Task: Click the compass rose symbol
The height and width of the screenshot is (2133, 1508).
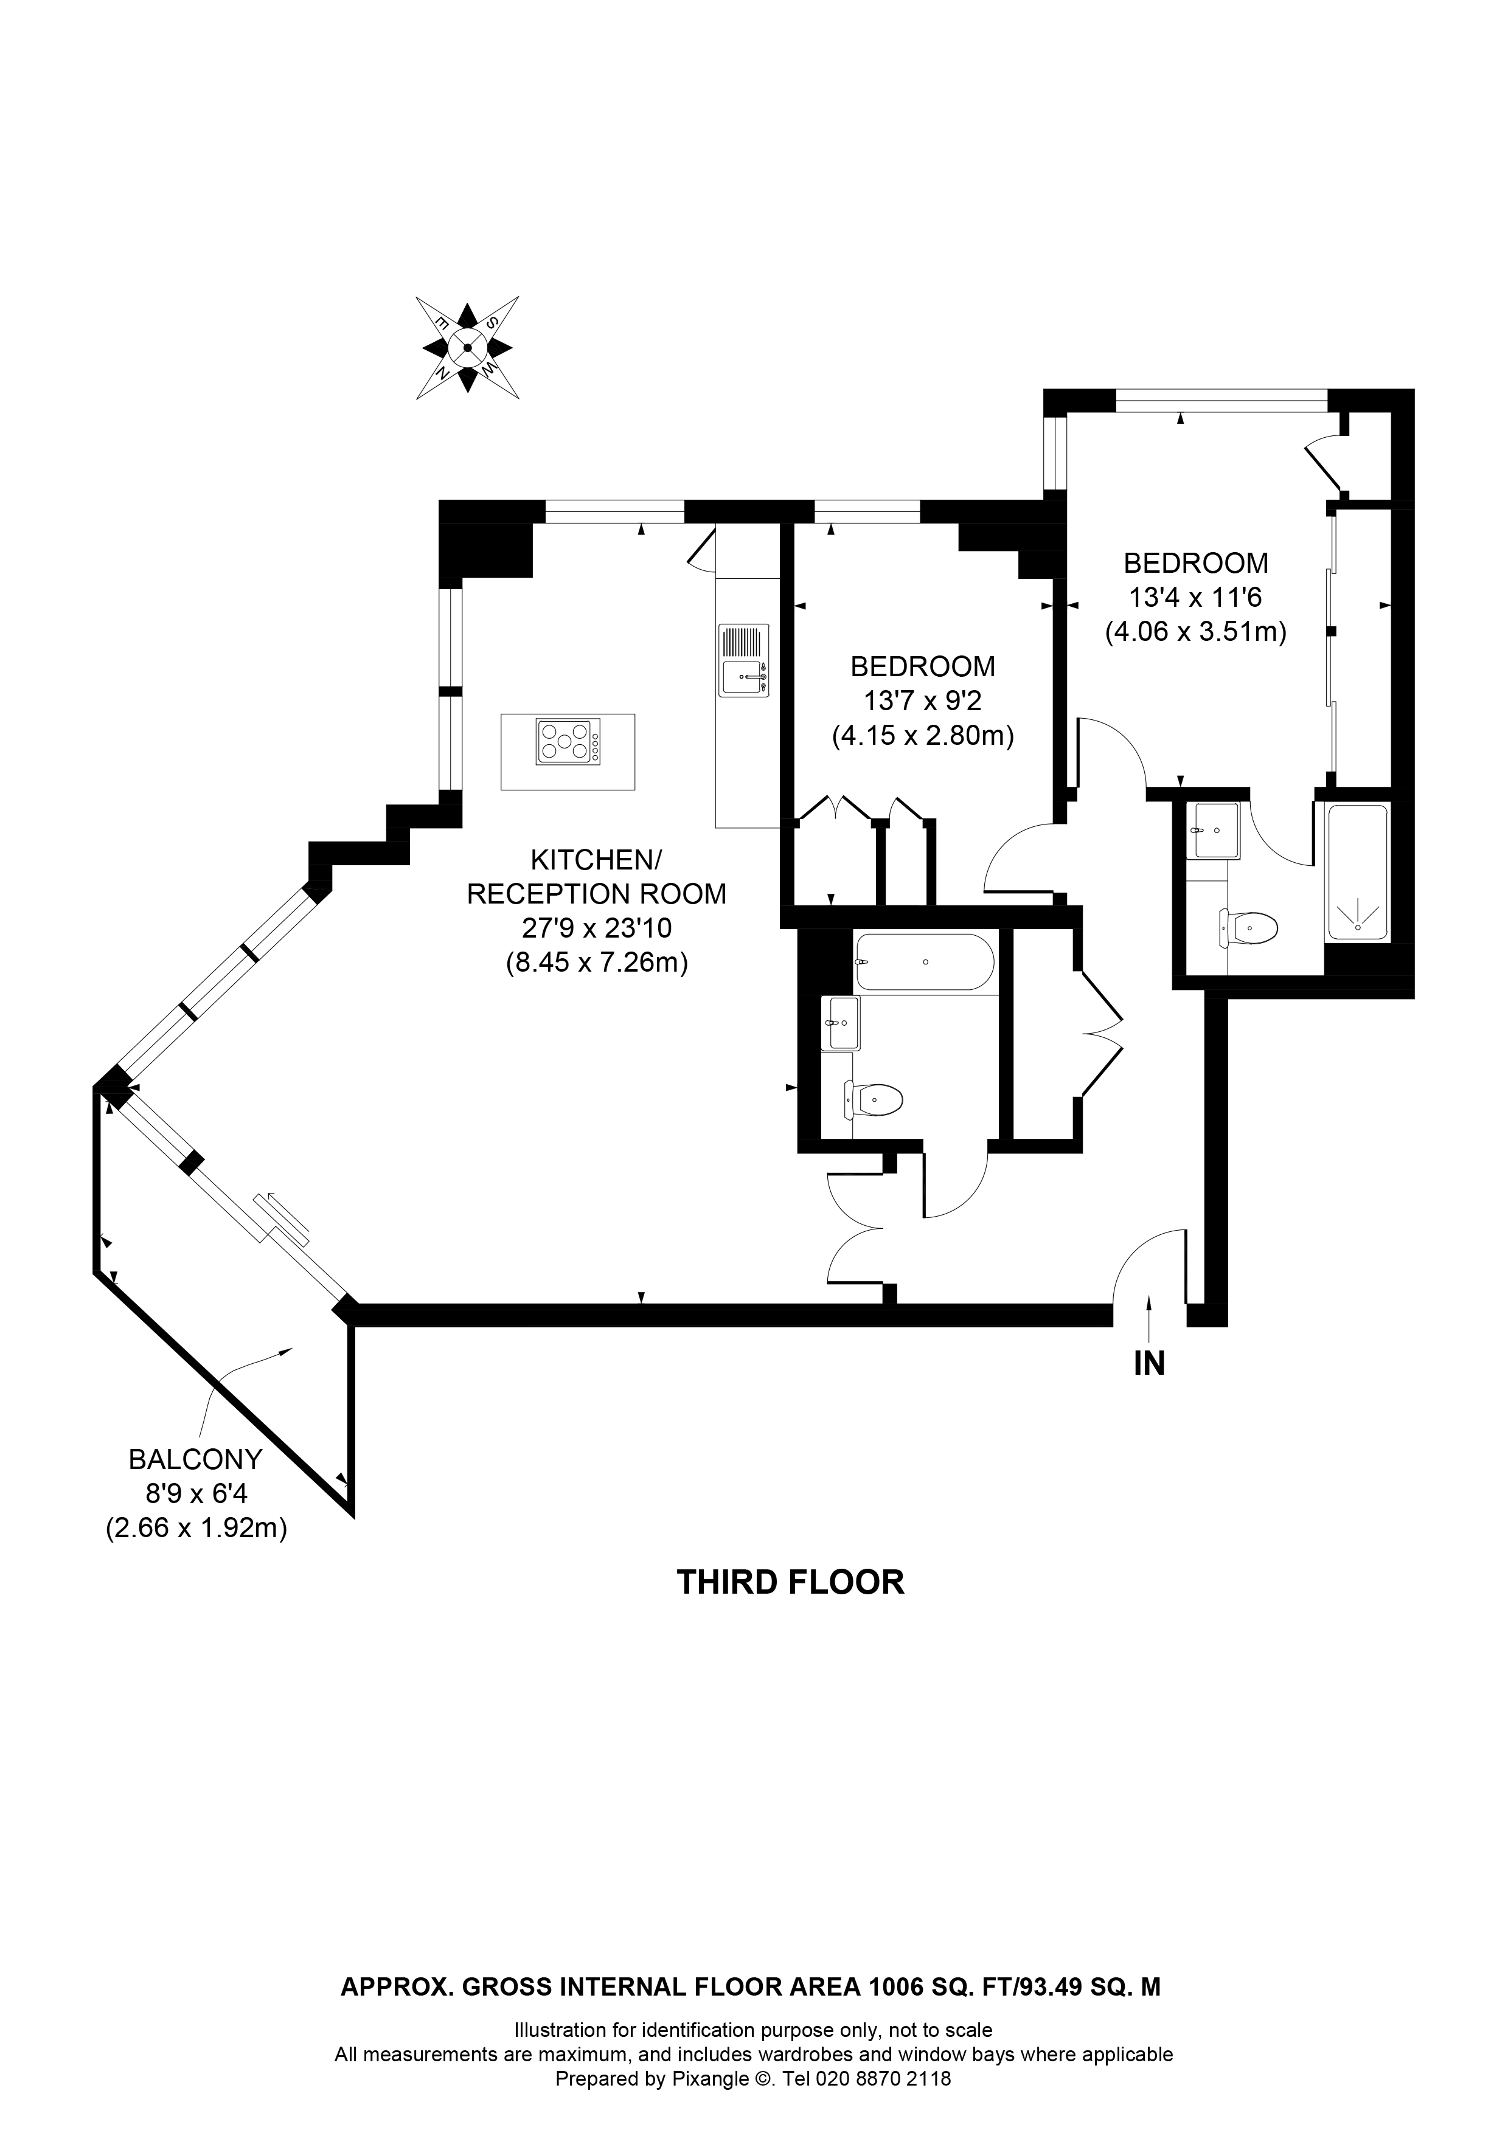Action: coord(467,348)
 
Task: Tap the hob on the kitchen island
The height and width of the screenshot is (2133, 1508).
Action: coord(568,742)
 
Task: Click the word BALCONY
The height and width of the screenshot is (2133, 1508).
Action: coord(195,1459)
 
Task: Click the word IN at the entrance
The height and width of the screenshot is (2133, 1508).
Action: coord(1149,1364)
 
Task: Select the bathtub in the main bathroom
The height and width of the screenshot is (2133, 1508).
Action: coord(925,963)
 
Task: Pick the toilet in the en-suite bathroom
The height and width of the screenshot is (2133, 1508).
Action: coord(1249,927)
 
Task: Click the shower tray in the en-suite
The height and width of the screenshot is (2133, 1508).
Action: coord(1358,873)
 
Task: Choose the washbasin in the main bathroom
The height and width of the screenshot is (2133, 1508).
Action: coord(840,1023)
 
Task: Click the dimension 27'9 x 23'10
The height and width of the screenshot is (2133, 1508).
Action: coord(597,928)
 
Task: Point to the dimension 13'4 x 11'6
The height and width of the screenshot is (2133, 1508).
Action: coord(1195,596)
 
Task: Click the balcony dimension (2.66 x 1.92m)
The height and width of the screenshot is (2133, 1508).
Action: coord(196,1528)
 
